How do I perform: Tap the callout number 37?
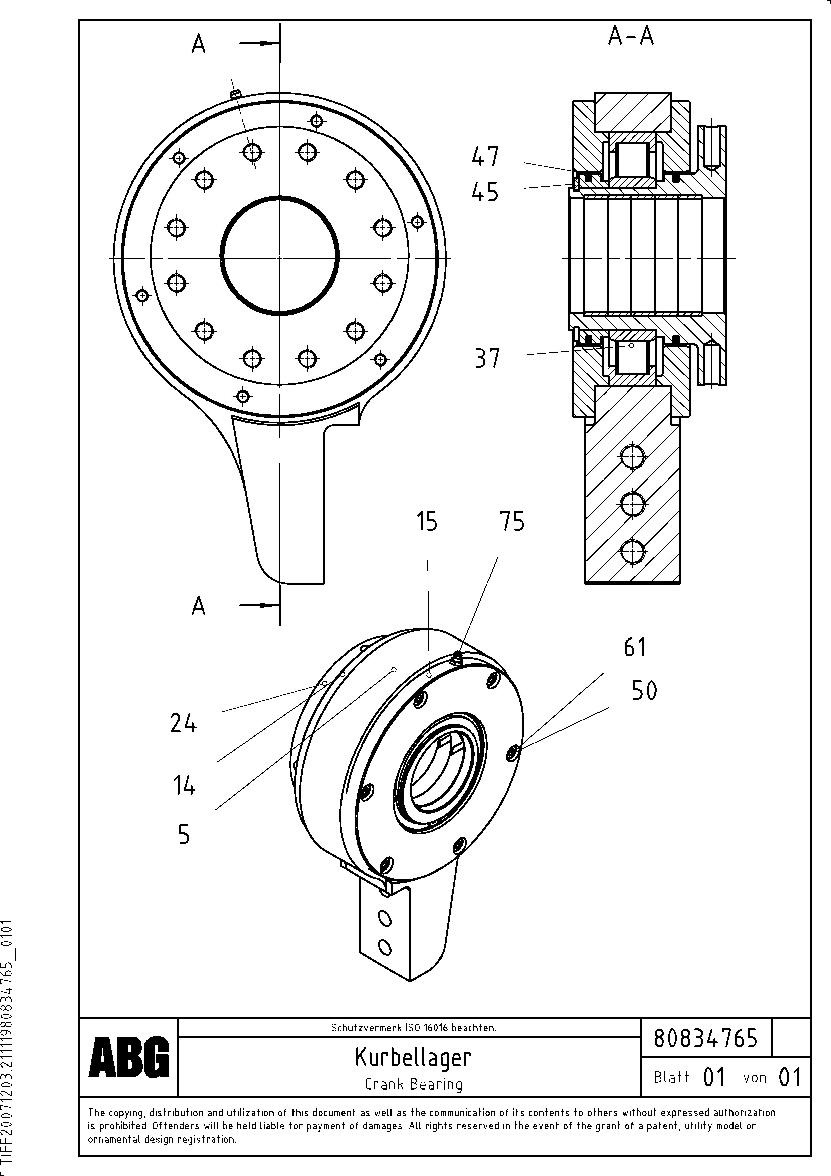tap(487, 358)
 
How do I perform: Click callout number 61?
tap(635, 647)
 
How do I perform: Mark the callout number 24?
tap(183, 724)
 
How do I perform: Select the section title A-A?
tap(631, 36)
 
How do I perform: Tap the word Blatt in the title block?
tap(671, 1077)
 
